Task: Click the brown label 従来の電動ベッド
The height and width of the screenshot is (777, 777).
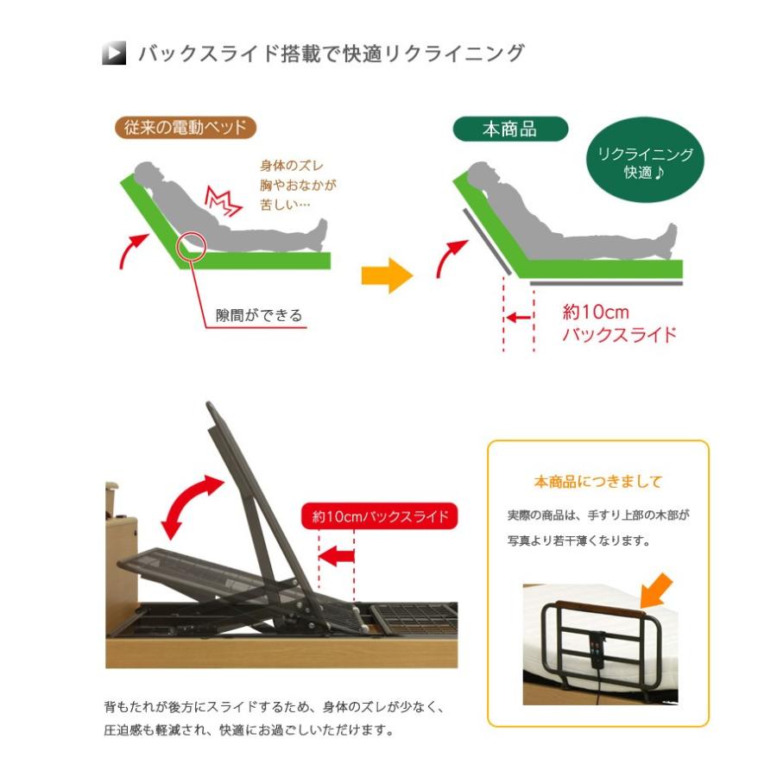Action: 186,128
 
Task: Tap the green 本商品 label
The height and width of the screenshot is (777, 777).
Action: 509,129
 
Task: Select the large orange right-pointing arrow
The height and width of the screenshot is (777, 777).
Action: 386,276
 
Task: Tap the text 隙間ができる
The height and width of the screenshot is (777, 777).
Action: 259,315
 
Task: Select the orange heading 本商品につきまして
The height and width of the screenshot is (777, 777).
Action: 597,482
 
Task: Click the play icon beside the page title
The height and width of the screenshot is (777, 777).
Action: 114,54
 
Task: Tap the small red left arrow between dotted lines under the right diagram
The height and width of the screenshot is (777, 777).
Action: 518,317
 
